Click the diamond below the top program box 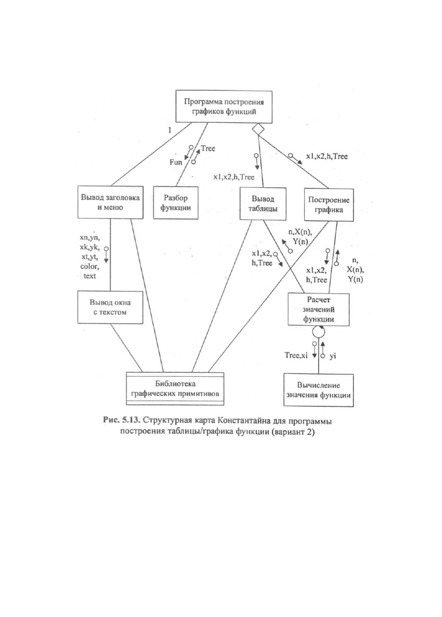pos(258,129)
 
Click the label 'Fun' pos(176,162)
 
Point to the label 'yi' pos(333,356)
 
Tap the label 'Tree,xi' pos(296,355)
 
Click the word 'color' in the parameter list pos(90,266)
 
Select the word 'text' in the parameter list pos(90,276)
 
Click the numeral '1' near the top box pos(170,130)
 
